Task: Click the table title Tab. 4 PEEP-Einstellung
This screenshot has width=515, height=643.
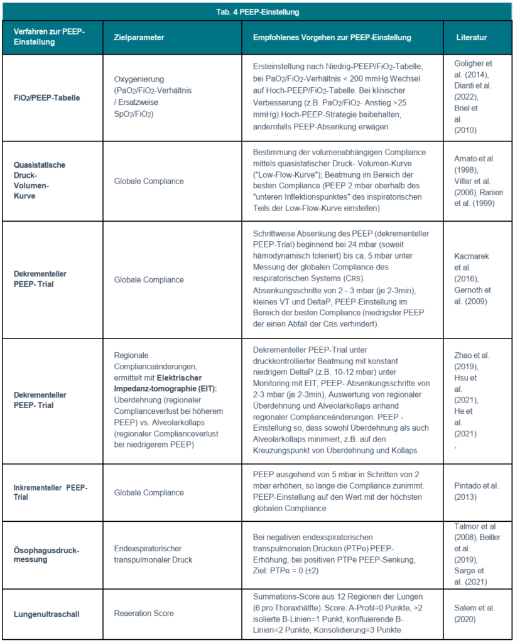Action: pos(257,11)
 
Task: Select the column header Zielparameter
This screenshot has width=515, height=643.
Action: pos(139,38)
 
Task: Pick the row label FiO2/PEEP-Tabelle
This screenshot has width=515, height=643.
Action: pos(47,99)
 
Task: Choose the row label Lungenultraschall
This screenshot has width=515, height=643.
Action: pos(43,613)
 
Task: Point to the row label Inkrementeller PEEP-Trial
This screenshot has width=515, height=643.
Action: pos(51,493)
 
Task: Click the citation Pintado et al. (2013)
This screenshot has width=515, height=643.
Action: pos(471,493)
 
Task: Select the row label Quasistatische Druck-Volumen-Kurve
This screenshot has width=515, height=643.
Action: pos(40,181)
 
